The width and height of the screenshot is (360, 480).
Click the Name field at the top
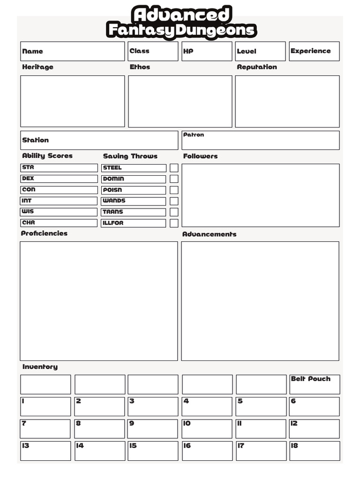(x=72, y=51)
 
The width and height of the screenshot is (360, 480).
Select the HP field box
(x=207, y=51)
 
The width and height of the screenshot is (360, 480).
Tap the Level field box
(x=260, y=51)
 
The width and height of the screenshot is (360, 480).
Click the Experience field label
(x=310, y=51)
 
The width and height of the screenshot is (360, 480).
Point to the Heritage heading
(x=37, y=67)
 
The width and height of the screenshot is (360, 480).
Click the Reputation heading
(x=257, y=67)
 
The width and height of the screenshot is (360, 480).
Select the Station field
(x=99, y=140)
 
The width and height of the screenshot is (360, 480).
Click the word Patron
(x=194, y=135)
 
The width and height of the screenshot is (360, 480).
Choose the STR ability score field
(x=59, y=167)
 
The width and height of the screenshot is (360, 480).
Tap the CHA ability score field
(x=59, y=223)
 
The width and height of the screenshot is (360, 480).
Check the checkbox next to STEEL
(x=174, y=168)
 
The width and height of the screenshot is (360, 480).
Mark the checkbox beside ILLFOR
(x=174, y=223)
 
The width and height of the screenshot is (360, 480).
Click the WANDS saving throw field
(x=134, y=201)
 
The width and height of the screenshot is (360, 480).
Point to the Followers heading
(x=200, y=156)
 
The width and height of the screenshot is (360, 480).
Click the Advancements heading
(x=209, y=234)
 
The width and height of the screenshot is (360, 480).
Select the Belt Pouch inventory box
(x=314, y=384)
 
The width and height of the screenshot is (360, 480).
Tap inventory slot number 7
(x=45, y=428)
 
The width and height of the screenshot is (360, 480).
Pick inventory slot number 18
(x=314, y=450)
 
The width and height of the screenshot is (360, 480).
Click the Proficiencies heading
(x=44, y=233)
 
